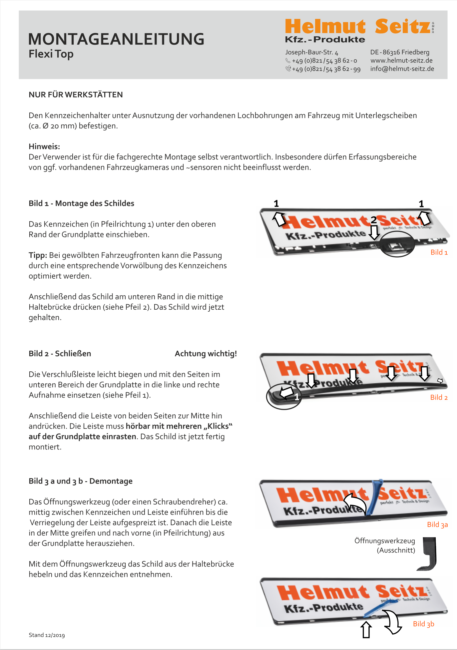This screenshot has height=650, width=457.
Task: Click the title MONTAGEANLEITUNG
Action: (x=116, y=39)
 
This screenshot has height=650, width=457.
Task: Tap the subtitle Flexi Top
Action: (x=51, y=54)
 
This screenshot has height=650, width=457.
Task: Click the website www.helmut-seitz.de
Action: (x=401, y=60)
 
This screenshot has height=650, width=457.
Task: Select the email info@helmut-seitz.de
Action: (x=402, y=69)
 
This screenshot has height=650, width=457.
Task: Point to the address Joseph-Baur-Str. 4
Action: (x=311, y=52)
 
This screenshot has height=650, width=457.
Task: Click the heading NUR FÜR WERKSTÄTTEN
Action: (x=76, y=95)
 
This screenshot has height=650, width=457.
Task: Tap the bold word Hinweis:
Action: (x=44, y=146)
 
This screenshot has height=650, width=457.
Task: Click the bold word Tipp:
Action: (x=38, y=255)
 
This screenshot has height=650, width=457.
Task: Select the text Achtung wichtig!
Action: (x=206, y=354)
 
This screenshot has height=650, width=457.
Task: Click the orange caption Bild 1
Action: (x=439, y=252)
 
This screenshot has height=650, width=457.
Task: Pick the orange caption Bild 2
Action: (x=439, y=397)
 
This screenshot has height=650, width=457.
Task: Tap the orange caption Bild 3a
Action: (x=437, y=525)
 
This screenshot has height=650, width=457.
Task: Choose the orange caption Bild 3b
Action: (x=423, y=624)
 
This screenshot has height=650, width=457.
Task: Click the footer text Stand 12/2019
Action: (x=47, y=635)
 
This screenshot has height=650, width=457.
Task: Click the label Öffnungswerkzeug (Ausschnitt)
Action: (x=385, y=545)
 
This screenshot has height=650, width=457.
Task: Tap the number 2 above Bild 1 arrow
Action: (x=374, y=220)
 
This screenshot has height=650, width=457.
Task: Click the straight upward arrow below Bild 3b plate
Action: (x=366, y=629)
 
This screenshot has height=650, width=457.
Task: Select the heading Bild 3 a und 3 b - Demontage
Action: (x=81, y=481)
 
